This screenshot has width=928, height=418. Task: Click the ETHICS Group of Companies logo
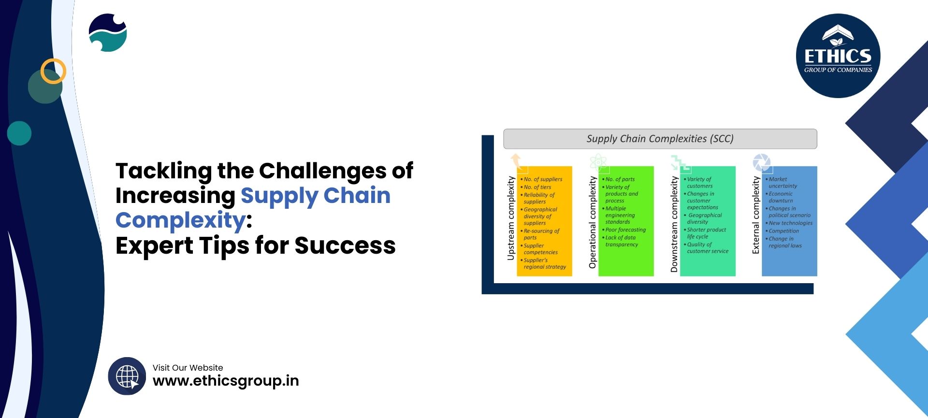838,56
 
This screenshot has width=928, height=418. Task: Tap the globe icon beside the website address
127,376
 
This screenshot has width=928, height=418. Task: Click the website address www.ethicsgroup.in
226,381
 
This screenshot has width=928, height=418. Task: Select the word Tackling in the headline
164,171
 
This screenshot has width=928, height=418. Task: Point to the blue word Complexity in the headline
181,220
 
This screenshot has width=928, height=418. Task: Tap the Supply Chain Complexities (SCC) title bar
660,139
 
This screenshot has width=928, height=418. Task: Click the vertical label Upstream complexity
511,218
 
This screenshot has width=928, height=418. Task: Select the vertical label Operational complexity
593,222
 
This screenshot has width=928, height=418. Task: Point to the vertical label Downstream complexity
674,224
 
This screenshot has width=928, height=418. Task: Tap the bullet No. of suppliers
543,179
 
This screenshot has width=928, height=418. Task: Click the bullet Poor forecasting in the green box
625,230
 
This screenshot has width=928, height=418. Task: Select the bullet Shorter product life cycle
706,233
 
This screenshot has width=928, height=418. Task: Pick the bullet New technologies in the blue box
790,223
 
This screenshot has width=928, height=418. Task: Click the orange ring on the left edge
53,71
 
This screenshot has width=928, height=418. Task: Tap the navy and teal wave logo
108,33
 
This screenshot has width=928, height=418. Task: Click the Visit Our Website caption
188,368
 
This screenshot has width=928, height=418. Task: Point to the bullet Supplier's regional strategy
544,263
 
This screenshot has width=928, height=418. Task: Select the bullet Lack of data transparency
621,241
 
